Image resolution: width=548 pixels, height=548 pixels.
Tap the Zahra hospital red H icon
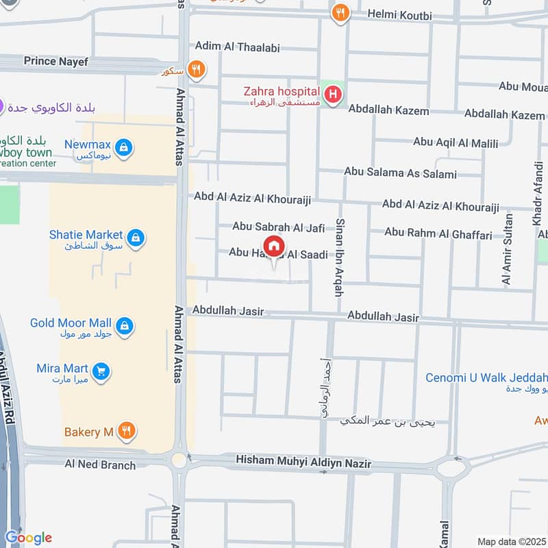(333, 95)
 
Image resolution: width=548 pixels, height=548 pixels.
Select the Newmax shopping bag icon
(124, 147)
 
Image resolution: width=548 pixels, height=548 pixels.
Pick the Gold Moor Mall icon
(124, 325)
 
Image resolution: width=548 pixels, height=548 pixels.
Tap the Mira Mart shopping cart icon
(102, 371)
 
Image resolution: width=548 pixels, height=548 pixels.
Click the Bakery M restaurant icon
(126, 431)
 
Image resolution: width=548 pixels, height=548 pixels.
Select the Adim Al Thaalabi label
(237, 47)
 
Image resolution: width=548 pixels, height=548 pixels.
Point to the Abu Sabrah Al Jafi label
(278, 226)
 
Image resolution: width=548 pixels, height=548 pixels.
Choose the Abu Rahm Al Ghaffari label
(438, 234)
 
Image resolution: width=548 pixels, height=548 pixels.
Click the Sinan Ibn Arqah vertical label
(338, 257)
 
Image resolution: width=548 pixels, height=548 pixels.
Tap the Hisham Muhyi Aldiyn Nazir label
(303, 464)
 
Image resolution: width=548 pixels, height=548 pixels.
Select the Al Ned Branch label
(100, 465)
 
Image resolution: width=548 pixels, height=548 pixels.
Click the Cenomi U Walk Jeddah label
(486, 378)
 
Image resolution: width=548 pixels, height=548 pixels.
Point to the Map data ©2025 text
(509, 541)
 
